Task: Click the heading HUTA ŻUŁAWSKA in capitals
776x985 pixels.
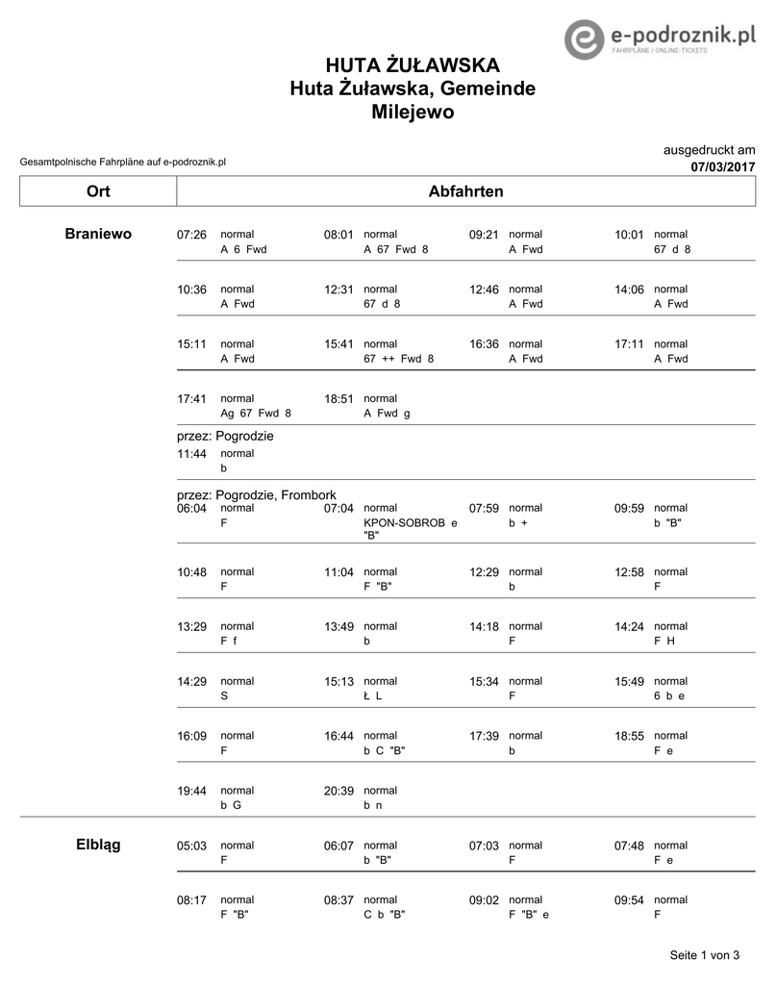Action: click(412, 65)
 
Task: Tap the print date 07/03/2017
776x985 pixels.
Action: click(722, 166)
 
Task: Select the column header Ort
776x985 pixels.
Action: click(98, 191)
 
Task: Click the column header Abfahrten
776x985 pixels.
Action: click(465, 191)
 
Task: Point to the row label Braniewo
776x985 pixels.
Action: click(98, 234)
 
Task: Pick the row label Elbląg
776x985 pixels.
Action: click(98, 845)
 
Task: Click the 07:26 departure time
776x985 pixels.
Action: click(192, 235)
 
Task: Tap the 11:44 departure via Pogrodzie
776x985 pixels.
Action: click(192, 453)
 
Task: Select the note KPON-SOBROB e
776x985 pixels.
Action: click(410, 522)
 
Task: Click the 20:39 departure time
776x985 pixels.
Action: click(338, 791)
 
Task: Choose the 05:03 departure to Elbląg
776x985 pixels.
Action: click(192, 846)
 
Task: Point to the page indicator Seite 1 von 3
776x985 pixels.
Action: click(704, 955)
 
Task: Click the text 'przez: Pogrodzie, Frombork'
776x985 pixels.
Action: click(257, 494)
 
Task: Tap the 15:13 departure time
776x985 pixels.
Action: click(338, 681)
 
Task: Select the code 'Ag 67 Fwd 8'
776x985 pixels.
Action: click(255, 413)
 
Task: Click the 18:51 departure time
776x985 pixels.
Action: click(338, 398)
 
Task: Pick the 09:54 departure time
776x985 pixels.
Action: click(629, 900)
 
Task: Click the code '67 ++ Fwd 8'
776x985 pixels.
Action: click(398, 359)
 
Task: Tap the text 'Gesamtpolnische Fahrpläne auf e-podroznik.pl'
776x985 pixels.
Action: click(122, 163)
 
